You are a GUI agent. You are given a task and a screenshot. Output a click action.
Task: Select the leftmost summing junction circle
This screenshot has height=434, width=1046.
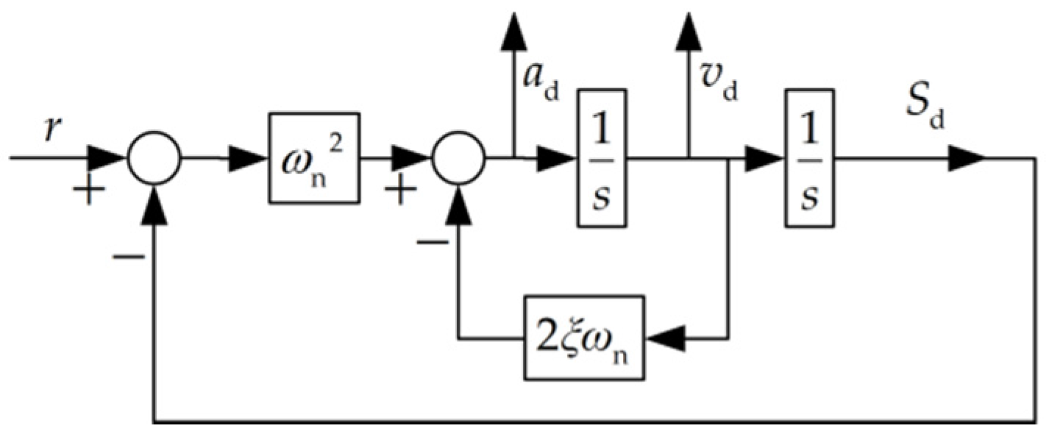point(154,158)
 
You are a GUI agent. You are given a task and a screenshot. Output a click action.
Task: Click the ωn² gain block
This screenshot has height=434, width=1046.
point(313,157)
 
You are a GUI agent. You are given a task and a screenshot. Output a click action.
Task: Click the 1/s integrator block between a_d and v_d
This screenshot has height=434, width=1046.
point(601,157)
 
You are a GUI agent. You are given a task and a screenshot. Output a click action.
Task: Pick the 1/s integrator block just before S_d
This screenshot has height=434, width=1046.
point(808,157)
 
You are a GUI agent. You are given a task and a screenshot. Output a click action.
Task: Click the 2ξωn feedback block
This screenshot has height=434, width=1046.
point(584,338)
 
